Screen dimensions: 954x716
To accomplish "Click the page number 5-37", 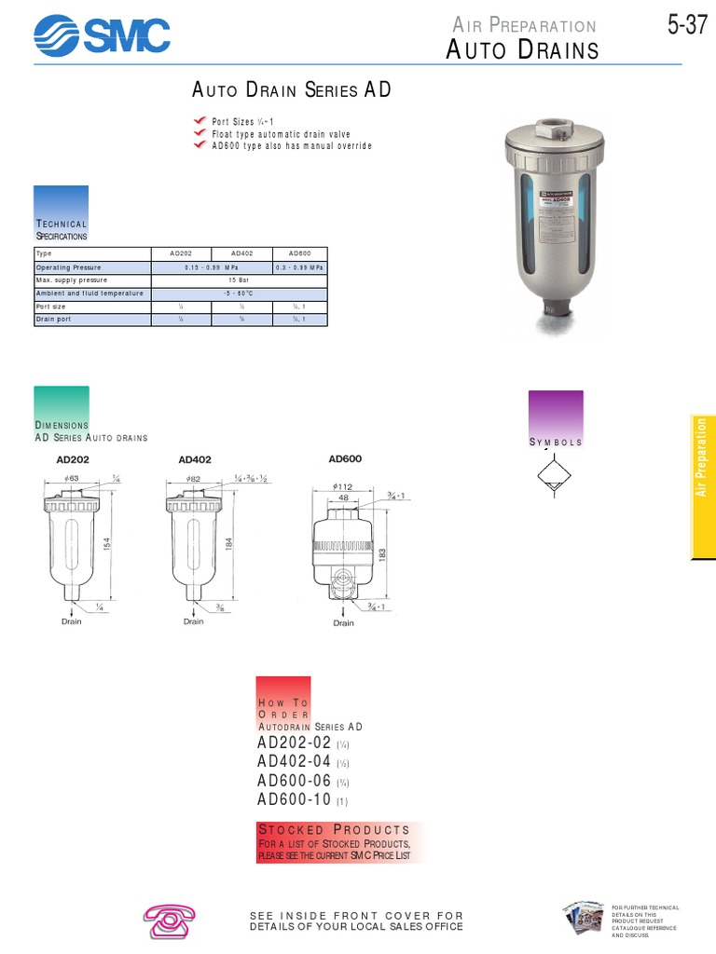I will click(687, 26).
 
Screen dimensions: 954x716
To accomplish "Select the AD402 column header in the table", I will click(241, 253).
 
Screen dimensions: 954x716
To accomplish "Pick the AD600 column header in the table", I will click(299, 253).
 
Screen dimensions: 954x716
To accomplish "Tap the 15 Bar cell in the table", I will click(241, 279).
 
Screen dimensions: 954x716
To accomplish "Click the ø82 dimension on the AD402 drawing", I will click(194, 478).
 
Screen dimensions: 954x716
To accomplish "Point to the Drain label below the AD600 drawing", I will click(343, 623).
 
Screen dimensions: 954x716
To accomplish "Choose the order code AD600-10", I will click(294, 799).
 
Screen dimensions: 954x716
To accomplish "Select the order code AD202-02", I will click(294, 743).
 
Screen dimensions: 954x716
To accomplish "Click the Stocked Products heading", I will click(333, 829).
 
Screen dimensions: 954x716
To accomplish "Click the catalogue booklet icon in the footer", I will click(584, 920).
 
